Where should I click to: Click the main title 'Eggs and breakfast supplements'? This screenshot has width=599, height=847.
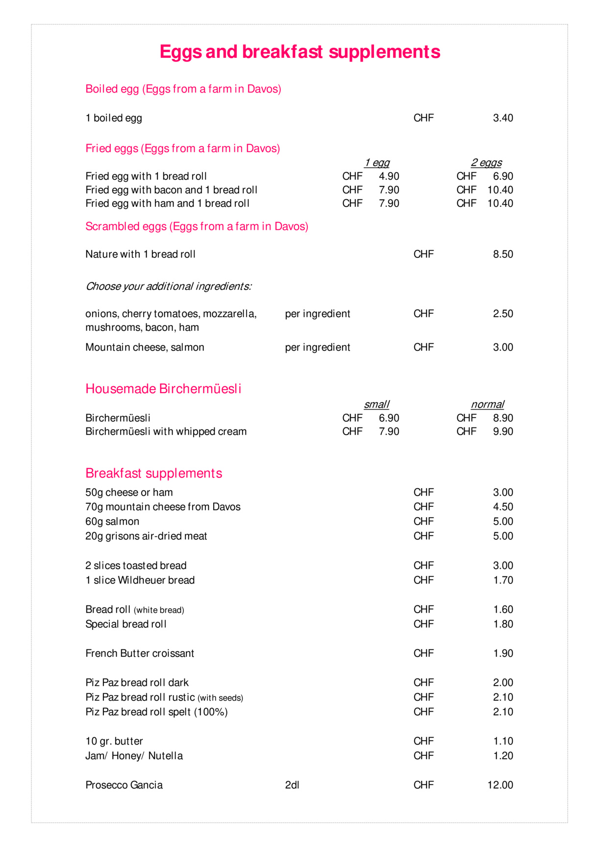299,52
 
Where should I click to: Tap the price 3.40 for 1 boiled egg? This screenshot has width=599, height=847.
503,118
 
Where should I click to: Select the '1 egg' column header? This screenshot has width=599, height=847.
377,163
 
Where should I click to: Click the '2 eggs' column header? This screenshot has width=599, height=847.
486,163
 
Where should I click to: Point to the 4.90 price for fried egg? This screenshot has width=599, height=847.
389,176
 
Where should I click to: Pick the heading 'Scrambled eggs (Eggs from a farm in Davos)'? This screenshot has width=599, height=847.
197,226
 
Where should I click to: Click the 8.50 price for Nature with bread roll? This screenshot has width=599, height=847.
503,254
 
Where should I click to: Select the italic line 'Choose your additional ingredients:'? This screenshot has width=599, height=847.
169,286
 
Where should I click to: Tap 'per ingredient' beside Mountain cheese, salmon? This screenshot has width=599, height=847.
318,348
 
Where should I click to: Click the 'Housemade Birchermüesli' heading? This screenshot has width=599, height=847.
163,389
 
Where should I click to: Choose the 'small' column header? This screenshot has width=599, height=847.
376,404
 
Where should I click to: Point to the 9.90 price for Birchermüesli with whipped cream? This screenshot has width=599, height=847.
503,432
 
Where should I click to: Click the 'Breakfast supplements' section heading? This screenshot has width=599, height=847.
153,473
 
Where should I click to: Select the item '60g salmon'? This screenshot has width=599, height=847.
112,522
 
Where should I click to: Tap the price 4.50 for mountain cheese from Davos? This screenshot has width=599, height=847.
503,507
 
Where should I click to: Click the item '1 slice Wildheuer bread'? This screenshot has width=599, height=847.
140,580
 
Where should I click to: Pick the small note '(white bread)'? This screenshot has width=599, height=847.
159,610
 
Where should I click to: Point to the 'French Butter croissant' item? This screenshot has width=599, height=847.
140,653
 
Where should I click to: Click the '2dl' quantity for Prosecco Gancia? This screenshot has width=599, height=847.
292,785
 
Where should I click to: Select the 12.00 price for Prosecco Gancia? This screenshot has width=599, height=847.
500,785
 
